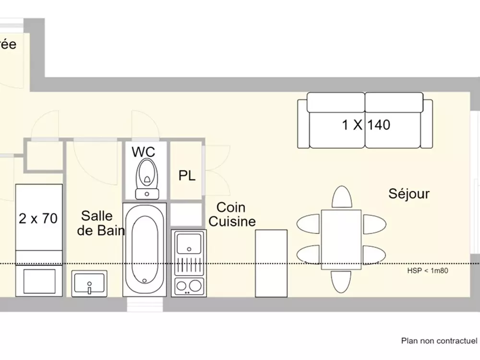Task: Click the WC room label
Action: (x=144, y=152)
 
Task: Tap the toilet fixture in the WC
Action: (x=146, y=176)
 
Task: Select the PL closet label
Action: (x=187, y=176)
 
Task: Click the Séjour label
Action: (x=409, y=194)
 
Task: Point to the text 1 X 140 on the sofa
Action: (x=366, y=125)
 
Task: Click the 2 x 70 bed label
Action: (x=38, y=219)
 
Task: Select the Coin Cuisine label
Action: (x=232, y=215)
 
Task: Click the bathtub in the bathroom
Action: (x=145, y=250)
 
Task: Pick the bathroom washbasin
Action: (x=90, y=284)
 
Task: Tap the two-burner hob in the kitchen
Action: (x=189, y=286)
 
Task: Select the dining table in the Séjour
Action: (x=341, y=239)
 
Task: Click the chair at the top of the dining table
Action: (x=341, y=197)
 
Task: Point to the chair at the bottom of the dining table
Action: (x=341, y=281)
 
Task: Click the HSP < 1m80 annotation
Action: (x=428, y=271)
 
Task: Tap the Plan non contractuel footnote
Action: (x=439, y=341)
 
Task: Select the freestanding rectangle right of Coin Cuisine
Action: (x=271, y=263)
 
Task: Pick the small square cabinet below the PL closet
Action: (x=187, y=215)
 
